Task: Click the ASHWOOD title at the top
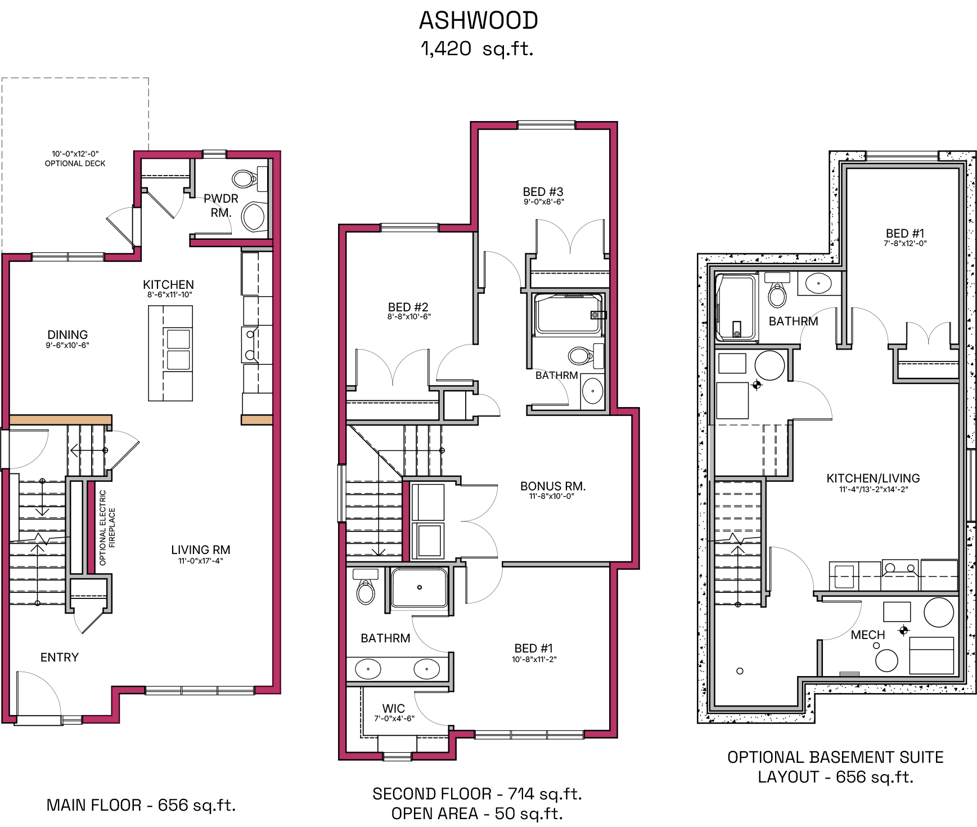478,21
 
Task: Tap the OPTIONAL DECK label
75,163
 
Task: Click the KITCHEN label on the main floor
168,285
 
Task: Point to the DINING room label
67,335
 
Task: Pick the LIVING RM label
201,550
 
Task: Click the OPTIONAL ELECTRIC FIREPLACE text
107,528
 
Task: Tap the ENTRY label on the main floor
60,658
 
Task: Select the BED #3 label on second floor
543,192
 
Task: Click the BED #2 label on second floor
408,307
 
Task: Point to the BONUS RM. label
553,486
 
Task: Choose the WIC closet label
394,709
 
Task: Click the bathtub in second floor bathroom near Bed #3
569,314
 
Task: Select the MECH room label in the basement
868,635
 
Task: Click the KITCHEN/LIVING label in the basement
873,479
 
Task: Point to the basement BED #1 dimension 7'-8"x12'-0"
905,244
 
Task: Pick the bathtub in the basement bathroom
736,307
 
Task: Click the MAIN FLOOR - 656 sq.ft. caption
141,806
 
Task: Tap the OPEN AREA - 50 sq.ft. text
477,814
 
